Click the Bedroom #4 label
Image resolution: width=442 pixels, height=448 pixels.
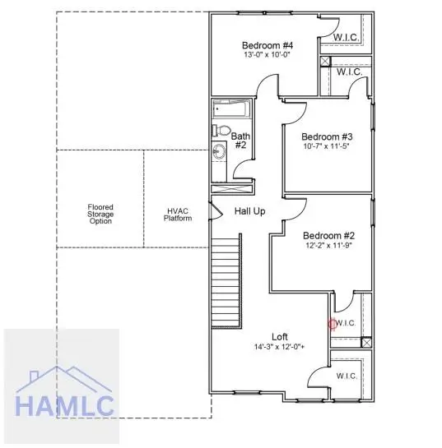pyautogui.click(x=268, y=45)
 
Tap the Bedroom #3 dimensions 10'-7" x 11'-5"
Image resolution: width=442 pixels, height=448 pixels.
pyautogui.click(x=327, y=146)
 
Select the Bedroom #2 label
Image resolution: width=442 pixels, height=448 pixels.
pyautogui.click(x=328, y=236)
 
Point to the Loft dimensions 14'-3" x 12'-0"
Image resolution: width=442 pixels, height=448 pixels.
pyautogui.click(x=280, y=347)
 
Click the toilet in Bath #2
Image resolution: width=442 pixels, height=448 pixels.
pyautogui.click(x=221, y=130)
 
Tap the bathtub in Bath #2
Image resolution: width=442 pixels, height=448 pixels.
pyautogui.click(x=231, y=109)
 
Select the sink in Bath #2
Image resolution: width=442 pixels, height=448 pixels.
pyautogui.click(x=219, y=150)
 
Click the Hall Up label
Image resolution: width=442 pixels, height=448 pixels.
pyautogui.click(x=249, y=211)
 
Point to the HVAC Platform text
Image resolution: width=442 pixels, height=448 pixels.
pyautogui.click(x=178, y=215)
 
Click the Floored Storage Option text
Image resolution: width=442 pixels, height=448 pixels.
pyautogui.click(x=100, y=214)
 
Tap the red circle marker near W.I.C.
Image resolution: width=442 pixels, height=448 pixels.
pyautogui.click(x=333, y=324)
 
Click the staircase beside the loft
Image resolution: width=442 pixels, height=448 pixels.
pyautogui.click(x=226, y=281)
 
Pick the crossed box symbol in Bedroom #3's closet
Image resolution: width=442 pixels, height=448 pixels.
pyautogui.click(x=325, y=62)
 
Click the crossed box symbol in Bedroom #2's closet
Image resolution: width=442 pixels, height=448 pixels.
pyautogui.click(x=366, y=342)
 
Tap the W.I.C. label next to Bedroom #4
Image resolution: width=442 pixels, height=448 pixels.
pyautogui.click(x=347, y=38)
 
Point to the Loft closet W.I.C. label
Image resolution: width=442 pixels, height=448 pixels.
pyautogui.click(x=347, y=376)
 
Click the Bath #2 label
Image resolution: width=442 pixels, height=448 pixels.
pyautogui.click(x=240, y=141)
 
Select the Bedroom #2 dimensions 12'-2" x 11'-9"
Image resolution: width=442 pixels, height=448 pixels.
pyautogui.click(x=328, y=245)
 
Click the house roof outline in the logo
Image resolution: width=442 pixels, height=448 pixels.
pyautogui.click(x=64, y=380)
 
